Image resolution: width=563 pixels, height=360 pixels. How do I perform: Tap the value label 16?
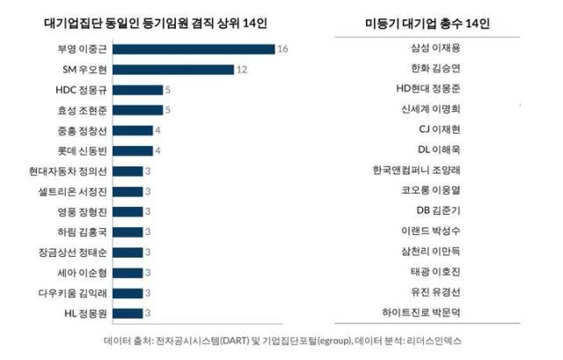point(282,49)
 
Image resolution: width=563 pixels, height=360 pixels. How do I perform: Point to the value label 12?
point(242,70)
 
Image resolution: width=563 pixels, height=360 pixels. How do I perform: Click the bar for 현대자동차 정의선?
point(128,171)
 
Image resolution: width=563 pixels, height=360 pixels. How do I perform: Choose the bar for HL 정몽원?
point(128,312)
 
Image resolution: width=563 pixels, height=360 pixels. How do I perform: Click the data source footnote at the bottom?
point(281,341)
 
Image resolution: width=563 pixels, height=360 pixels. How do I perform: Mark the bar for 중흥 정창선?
point(133,130)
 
